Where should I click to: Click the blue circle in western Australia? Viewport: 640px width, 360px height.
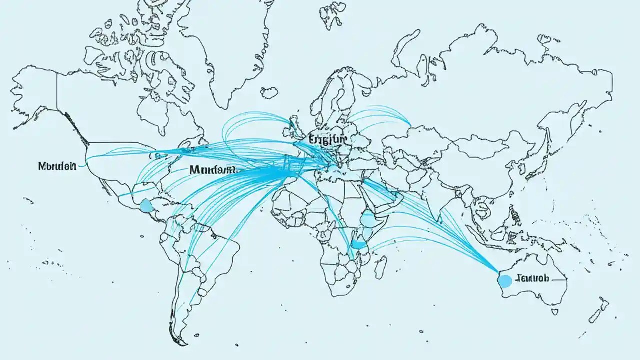point(505,281)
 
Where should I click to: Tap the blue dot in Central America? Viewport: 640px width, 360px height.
point(146,205)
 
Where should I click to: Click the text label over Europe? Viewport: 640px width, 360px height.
point(327,139)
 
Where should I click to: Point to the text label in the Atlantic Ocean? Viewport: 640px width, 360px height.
point(212,170)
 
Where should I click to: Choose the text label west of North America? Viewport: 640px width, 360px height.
point(56,166)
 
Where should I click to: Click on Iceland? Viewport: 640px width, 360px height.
point(269,92)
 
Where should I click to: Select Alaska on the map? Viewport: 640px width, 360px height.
point(35,95)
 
